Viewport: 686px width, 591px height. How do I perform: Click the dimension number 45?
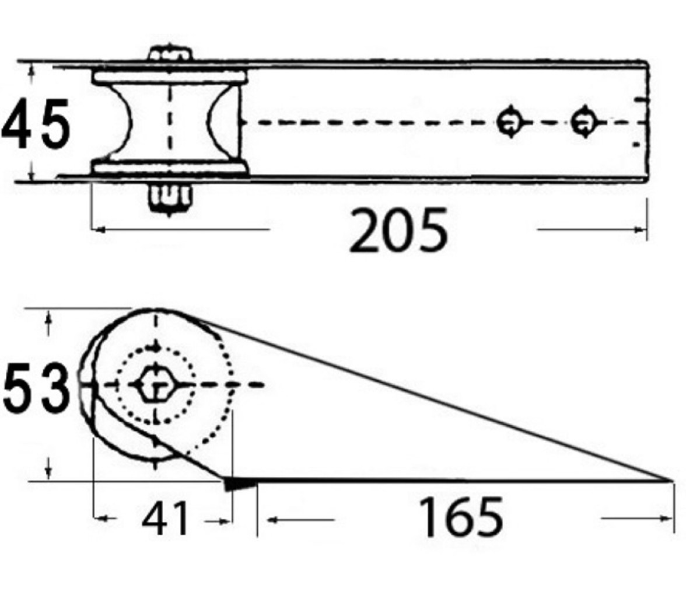tap(36, 124)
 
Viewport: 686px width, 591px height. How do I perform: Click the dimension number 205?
tap(398, 231)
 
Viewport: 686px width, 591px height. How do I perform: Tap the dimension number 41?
tap(165, 519)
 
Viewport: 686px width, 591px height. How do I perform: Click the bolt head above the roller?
tap(170, 53)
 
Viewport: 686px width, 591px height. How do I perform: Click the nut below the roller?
tap(170, 197)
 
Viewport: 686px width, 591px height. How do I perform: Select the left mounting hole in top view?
tap(509, 122)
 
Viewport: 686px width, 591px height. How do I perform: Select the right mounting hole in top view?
tap(583, 122)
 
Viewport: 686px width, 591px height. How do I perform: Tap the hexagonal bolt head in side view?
tap(155, 385)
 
